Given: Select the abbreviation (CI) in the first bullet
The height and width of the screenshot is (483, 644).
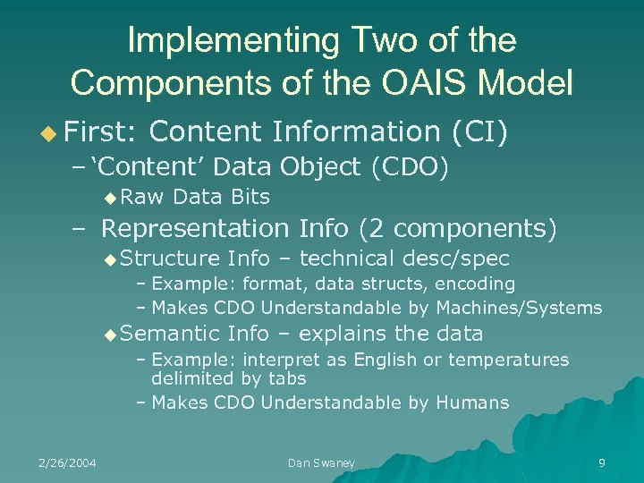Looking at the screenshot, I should (480, 131).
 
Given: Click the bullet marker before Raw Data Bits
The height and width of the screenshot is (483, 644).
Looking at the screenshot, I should (109, 197).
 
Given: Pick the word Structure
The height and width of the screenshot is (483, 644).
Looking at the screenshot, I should (170, 259).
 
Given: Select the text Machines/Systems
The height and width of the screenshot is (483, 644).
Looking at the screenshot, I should (519, 308).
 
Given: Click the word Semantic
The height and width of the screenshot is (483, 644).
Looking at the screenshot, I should (170, 335).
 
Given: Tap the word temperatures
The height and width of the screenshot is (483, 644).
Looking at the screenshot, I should (515, 360).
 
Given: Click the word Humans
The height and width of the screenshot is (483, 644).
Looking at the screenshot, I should (472, 402).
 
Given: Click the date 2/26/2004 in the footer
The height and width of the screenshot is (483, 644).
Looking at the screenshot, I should (67, 462).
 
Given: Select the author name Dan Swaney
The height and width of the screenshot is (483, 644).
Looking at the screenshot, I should (321, 462).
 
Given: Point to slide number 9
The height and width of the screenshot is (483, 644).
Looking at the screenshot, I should (601, 462).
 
